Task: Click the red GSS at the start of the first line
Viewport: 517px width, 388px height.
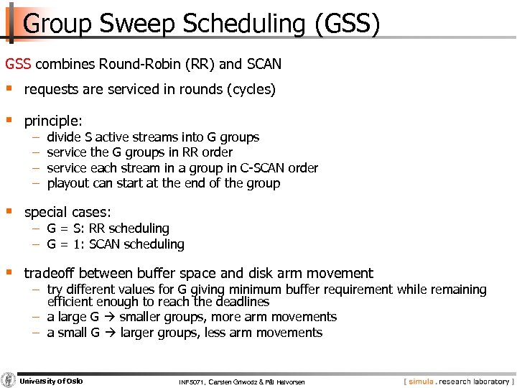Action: point(18,64)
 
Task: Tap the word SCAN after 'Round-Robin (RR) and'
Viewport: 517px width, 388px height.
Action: point(264,64)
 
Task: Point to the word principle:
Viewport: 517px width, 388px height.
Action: point(53,121)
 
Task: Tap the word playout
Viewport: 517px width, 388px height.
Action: point(69,183)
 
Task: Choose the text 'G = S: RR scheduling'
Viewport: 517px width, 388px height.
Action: point(108,228)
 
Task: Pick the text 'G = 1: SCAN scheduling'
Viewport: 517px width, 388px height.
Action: point(115,244)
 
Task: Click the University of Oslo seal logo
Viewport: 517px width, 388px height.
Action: point(9,381)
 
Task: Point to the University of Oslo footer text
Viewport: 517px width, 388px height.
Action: point(51,381)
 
